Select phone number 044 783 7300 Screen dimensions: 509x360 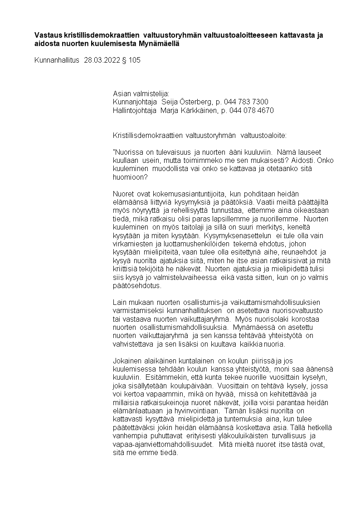[x=246, y=102]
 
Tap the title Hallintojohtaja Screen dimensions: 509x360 [x=135, y=110]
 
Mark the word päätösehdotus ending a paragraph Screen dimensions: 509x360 [x=135, y=286]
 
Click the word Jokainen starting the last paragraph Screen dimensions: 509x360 [x=126, y=361]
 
